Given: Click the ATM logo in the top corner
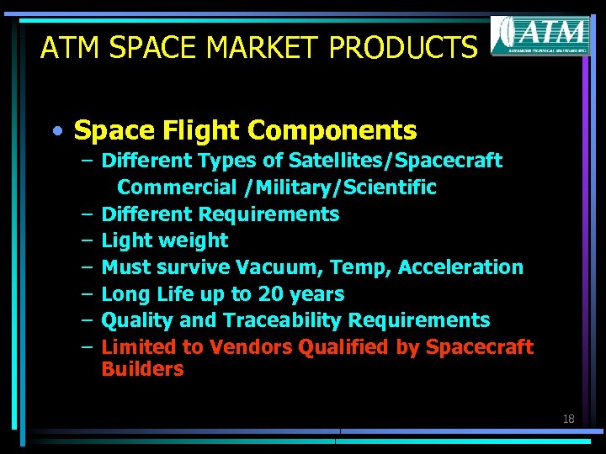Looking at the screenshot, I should coord(540,35).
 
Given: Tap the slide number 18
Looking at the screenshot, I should coord(568,418).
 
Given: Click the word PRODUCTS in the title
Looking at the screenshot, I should coord(403,48).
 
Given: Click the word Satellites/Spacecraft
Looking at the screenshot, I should coord(395,161).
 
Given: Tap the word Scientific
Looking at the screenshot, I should coord(392,187).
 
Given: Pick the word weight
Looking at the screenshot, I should coord(195,240).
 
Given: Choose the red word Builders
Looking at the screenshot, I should coord(142,369).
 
